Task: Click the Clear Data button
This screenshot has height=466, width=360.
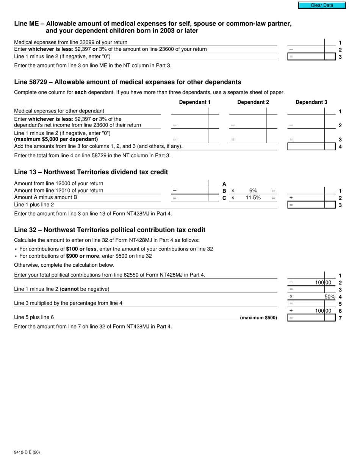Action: (x=322, y=5)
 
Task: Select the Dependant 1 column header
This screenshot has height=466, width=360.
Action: (x=194, y=102)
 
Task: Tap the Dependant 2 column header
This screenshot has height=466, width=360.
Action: (x=253, y=102)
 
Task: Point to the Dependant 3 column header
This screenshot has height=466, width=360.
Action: (x=311, y=102)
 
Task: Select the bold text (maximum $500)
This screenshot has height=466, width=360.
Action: (x=258, y=318)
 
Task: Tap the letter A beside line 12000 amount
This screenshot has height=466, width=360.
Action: (x=224, y=184)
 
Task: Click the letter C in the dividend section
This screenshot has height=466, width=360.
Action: (x=224, y=198)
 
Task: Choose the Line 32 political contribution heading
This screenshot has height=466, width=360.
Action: (x=110, y=230)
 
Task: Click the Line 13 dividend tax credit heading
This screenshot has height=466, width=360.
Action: (x=91, y=172)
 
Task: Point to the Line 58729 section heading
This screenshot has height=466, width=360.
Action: (x=127, y=82)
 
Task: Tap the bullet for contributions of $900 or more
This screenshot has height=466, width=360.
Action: (x=16, y=256)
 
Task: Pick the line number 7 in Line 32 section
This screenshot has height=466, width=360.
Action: (x=340, y=318)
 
